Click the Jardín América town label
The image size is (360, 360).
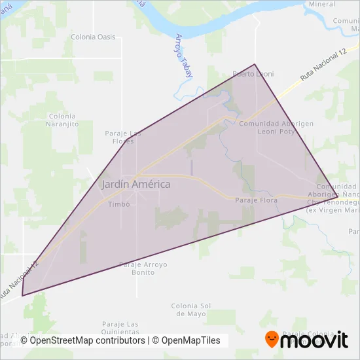point(136,185)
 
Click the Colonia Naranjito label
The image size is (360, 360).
point(63,120)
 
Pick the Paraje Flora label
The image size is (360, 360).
point(256,200)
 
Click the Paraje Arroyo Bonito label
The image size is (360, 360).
point(143,268)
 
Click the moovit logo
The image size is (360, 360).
point(306,340)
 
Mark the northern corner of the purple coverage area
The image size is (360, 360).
point(255,64)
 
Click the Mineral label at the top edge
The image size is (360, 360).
point(321,4)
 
